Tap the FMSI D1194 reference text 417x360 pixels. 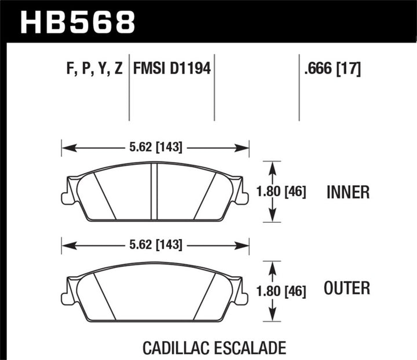171,70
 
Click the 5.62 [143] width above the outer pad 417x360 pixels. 154,245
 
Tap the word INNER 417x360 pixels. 348,192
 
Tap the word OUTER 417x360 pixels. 348,288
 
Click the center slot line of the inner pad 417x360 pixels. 155,192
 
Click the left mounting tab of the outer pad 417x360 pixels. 67,296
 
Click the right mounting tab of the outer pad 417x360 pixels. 242,296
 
